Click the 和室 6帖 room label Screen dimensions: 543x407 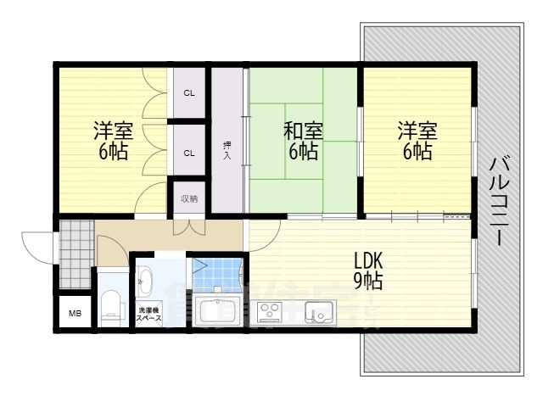[304, 141]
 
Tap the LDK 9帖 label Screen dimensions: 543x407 [368, 270]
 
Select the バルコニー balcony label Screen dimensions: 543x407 [499, 202]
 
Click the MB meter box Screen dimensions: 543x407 [75, 313]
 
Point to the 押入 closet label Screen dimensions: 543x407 [227, 151]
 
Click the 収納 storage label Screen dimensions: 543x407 [189, 199]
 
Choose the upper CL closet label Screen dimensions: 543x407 [189, 93]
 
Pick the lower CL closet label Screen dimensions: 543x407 [189, 153]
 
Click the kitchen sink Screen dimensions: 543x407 [319, 311]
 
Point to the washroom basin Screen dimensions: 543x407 [144, 281]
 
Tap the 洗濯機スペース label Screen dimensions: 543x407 [149, 315]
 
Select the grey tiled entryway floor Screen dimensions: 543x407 [76, 254]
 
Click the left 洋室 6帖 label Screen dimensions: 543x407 [113, 141]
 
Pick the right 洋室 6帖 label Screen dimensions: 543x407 [417, 141]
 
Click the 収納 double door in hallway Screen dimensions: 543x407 [189, 227]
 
